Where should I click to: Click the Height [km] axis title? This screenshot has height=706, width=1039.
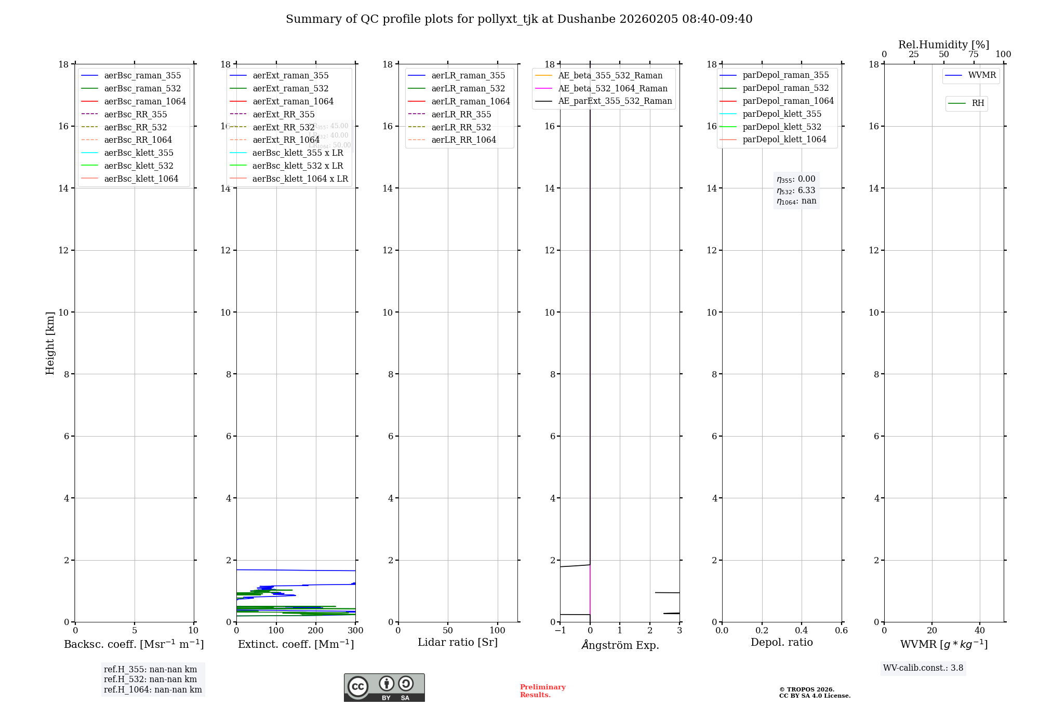(x=50, y=343)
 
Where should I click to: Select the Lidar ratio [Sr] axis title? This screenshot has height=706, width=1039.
(x=458, y=642)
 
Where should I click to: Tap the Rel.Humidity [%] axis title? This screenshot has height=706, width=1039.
(x=943, y=45)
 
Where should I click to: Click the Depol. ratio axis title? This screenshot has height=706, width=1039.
(x=781, y=642)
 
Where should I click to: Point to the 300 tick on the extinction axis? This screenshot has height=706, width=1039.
(x=355, y=631)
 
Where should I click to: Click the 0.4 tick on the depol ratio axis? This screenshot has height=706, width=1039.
(x=802, y=631)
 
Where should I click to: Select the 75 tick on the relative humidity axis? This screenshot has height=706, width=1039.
(x=974, y=55)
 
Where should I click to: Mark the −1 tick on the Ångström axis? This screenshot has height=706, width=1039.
(x=560, y=631)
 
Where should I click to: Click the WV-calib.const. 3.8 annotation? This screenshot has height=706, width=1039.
(x=923, y=668)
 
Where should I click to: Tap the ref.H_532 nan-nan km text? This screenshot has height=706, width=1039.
(x=150, y=680)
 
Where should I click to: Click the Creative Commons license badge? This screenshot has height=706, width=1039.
(x=384, y=688)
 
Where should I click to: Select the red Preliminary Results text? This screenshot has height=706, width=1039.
(x=542, y=691)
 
